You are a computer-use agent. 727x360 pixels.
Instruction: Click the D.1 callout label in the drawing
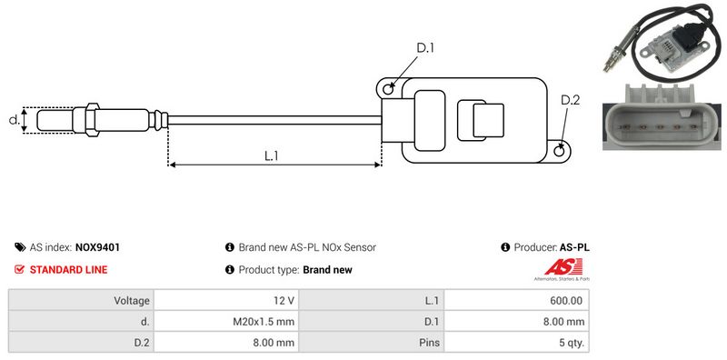(424, 48)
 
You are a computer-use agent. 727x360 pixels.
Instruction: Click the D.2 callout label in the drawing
(570, 100)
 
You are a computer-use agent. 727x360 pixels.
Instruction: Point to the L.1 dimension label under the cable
(271, 156)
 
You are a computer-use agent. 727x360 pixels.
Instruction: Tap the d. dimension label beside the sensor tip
(15, 120)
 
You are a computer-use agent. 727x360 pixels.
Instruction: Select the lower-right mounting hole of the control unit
(560, 150)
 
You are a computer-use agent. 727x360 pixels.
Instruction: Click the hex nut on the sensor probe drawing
(92, 120)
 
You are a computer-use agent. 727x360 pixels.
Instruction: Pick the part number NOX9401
(97, 247)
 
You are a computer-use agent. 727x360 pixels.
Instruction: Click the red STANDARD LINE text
(69, 269)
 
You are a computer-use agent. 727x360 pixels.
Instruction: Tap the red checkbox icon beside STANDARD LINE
(19, 269)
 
